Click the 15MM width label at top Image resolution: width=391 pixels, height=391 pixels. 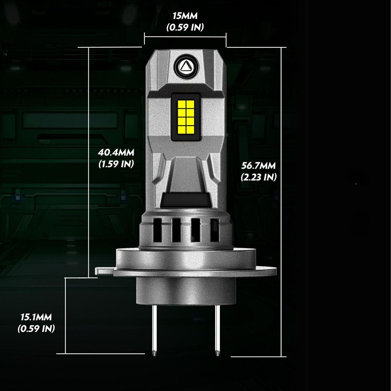185,16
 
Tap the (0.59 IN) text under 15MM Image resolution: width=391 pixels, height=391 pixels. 185,27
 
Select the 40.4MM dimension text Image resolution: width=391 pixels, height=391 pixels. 116,152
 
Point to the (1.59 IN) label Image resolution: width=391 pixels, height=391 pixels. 116,164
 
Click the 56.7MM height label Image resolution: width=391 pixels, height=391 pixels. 258,165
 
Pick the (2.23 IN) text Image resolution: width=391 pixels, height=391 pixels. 259,177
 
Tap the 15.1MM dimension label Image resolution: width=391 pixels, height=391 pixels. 36,317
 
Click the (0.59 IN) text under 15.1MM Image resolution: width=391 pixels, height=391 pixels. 36,328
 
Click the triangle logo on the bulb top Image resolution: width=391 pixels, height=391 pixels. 186,66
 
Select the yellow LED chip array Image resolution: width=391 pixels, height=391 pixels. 186,117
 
